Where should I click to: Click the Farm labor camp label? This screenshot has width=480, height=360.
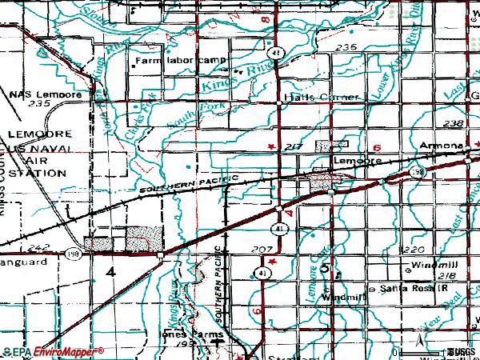pyautogui.click(x=181, y=61)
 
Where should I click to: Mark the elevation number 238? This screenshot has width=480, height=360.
pyautogui.click(x=452, y=123)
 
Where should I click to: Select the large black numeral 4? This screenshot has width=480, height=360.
pyautogui.click(x=110, y=272)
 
